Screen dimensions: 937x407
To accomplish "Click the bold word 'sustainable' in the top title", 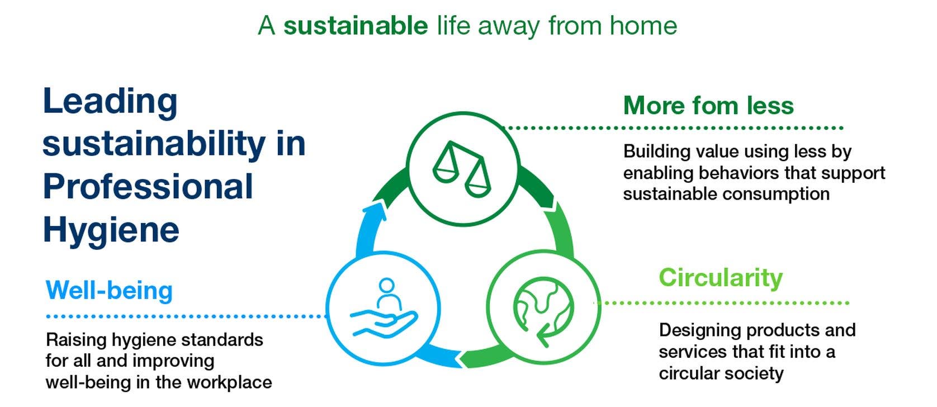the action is tap(356, 26).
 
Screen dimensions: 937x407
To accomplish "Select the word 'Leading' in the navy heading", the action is tap(111, 102).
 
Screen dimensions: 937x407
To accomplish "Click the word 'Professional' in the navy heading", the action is tap(148, 187).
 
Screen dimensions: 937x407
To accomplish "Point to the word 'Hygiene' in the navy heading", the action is tap(111, 231).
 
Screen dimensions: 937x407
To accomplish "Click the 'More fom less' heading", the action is tap(708, 105).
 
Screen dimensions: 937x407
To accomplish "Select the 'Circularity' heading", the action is tap(721, 278).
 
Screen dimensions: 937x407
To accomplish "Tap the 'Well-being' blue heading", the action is tap(109, 290).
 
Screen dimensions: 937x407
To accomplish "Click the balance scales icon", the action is tap(461, 169).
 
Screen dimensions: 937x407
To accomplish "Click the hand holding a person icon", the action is tap(384, 308).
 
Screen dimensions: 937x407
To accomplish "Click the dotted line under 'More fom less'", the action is tap(674, 127).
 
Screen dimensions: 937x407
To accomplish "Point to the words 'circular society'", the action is tap(721, 373).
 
